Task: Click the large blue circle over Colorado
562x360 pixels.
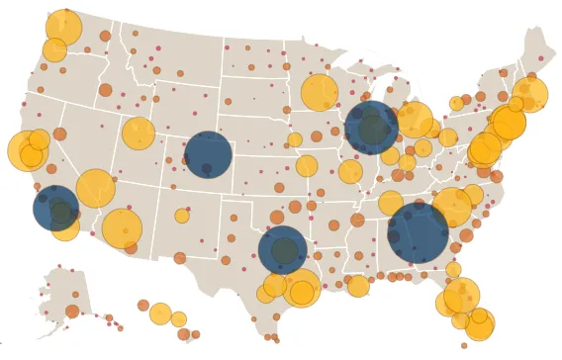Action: click(209, 155)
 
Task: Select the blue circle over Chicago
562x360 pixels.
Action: click(372, 128)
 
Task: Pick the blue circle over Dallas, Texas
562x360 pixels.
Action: click(282, 249)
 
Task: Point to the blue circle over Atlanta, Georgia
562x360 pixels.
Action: click(418, 233)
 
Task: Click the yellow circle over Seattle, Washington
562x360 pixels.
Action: click(63, 28)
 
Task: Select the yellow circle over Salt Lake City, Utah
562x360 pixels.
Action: click(139, 134)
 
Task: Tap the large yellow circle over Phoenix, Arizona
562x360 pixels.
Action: click(123, 228)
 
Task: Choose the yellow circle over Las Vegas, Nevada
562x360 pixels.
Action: click(95, 188)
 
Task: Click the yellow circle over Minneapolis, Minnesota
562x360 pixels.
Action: click(319, 92)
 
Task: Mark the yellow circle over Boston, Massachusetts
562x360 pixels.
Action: click(530, 94)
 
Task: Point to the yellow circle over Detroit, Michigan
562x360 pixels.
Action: click(415, 120)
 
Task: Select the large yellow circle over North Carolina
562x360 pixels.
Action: click(452, 207)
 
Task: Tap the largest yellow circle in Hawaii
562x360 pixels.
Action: click(160, 314)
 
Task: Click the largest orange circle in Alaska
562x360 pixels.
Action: click(72, 312)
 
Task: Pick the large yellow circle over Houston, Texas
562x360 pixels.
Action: click(301, 289)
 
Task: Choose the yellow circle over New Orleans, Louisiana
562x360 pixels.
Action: click(358, 285)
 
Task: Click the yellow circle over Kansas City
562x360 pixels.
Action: click(307, 166)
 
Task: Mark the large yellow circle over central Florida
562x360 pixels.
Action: click(461, 296)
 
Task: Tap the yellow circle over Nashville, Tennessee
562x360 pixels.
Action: click(391, 203)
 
